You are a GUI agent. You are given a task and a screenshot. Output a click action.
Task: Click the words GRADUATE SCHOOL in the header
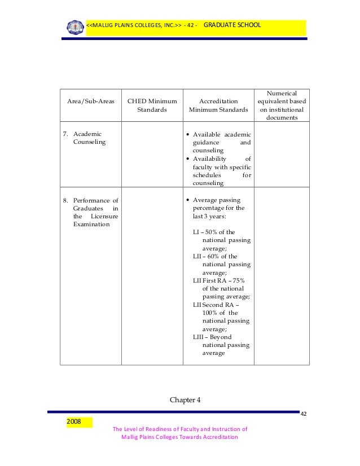click(x=231, y=25)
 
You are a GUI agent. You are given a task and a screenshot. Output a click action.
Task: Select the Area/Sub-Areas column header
click(x=91, y=102)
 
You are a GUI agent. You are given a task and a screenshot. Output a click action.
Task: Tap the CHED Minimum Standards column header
click(x=152, y=105)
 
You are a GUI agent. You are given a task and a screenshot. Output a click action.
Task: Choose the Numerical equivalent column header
click(x=282, y=105)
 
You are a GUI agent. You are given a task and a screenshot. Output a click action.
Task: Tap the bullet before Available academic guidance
click(x=188, y=135)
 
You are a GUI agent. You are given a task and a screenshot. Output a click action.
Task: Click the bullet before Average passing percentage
click(x=188, y=200)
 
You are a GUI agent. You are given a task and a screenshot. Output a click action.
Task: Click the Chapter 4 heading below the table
click(x=185, y=401)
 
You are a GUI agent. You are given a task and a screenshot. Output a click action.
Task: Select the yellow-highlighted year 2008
click(x=74, y=421)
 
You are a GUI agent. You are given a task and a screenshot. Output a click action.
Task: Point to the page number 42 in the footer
click(x=304, y=415)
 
